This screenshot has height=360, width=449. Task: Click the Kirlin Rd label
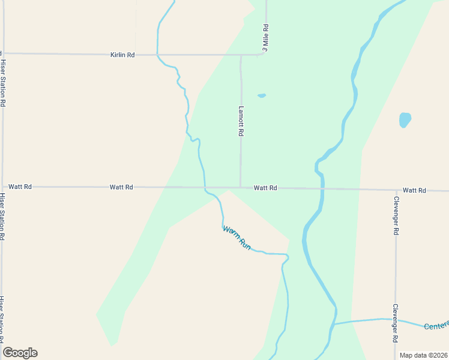point(122,55)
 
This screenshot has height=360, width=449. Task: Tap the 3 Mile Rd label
point(265,38)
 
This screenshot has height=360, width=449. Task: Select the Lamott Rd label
point(241,121)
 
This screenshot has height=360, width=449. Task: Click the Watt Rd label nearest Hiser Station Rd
point(20,187)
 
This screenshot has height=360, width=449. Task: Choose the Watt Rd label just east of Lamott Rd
point(265,188)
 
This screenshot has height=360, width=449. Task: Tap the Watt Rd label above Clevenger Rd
point(414,190)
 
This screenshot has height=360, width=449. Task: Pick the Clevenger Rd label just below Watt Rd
point(396,215)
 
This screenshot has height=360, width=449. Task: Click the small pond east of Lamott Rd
point(261,95)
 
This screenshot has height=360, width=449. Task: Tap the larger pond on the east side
point(405,120)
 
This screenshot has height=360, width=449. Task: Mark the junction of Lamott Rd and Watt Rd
point(241,187)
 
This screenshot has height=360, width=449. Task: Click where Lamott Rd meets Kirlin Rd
point(241,55)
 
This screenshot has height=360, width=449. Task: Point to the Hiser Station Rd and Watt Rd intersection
point(3,187)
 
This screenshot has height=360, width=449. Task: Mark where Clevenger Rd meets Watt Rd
point(396,190)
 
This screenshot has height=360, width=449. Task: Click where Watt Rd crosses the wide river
point(321,189)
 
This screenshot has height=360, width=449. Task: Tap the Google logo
point(20,353)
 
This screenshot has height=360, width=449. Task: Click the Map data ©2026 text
point(423,355)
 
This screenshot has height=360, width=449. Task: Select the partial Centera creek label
point(436,325)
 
